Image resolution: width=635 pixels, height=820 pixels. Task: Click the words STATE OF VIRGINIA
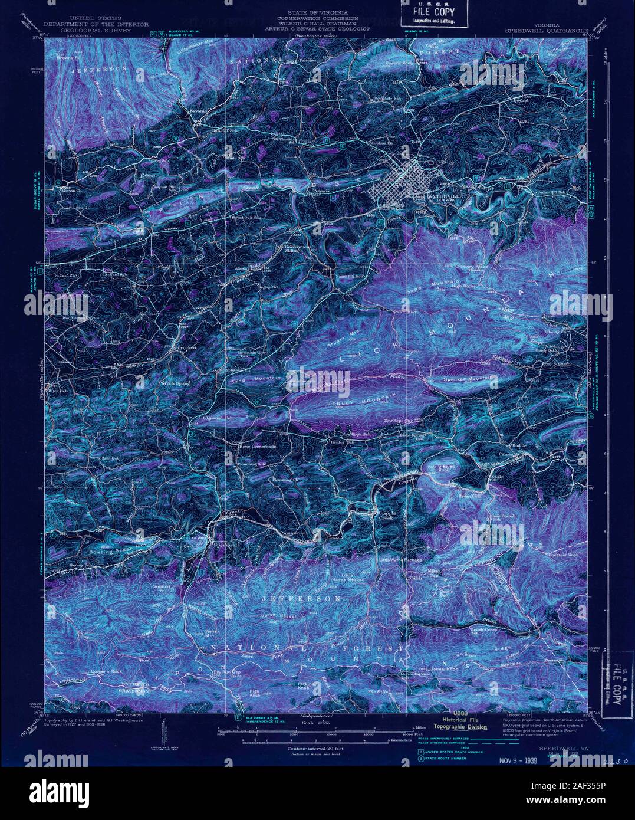(x=317, y=12)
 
